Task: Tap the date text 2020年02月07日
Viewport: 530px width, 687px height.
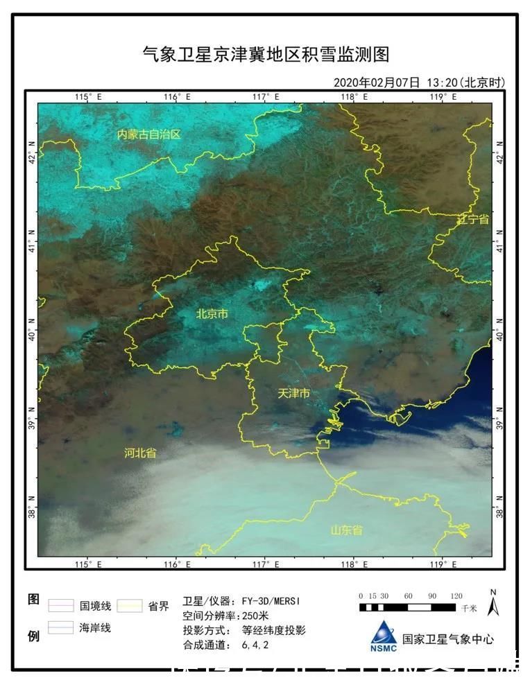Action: click(x=377, y=82)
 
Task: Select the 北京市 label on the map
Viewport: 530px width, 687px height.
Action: click(x=212, y=314)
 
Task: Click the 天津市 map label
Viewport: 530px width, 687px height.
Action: click(x=293, y=393)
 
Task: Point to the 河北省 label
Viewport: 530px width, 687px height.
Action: click(x=140, y=453)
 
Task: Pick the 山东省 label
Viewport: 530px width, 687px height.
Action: click(x=346, y=530)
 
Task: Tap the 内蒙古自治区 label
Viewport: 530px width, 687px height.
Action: click(x=148, y=134)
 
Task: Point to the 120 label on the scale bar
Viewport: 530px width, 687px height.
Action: click(x=456, y=596)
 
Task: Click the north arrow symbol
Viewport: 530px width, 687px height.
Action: click(x=493, y=605)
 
